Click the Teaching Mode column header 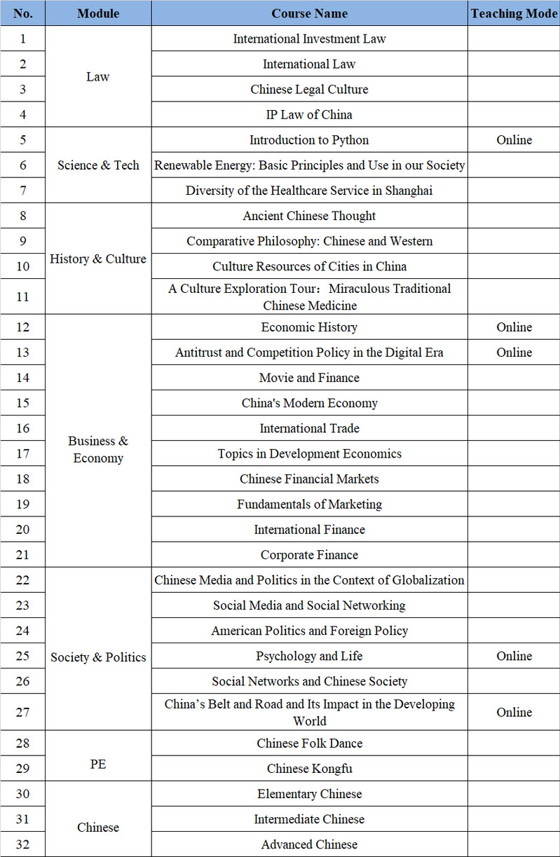point(514,13)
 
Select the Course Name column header point(309,13)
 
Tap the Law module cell point(98,76)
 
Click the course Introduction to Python point(309,140)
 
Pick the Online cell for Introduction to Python point(514,140)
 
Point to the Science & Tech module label point(98,165)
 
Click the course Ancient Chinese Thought point(309,216)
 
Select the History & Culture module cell point(98,259)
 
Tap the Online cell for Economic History point(514,327)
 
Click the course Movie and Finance point(309,378)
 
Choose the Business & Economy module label point(98,449)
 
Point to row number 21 point(22,554)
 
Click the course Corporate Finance point(309,555)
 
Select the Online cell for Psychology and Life point(514,656)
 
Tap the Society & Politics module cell point(98,657)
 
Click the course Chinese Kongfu point(309,769)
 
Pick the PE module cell point(98,764)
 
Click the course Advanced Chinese point(309,844)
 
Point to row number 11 point(22,296)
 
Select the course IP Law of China point(309,115)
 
